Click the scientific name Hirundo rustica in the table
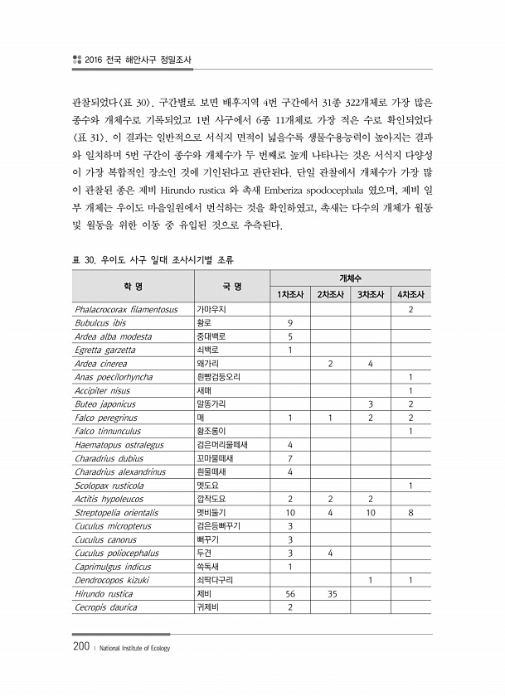click(x=100, y=593)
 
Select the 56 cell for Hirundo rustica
click(x=290, y=593)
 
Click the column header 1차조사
click(x=290, y=294)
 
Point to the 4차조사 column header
click(x=410, y=294)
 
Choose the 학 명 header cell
click(x=133, y=287)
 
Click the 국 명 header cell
click(x=231, y=287)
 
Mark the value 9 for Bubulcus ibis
click(x=290, y=323)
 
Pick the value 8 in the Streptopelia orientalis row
click(x=410, y=513)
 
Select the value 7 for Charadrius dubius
click(x=290, y=458)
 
